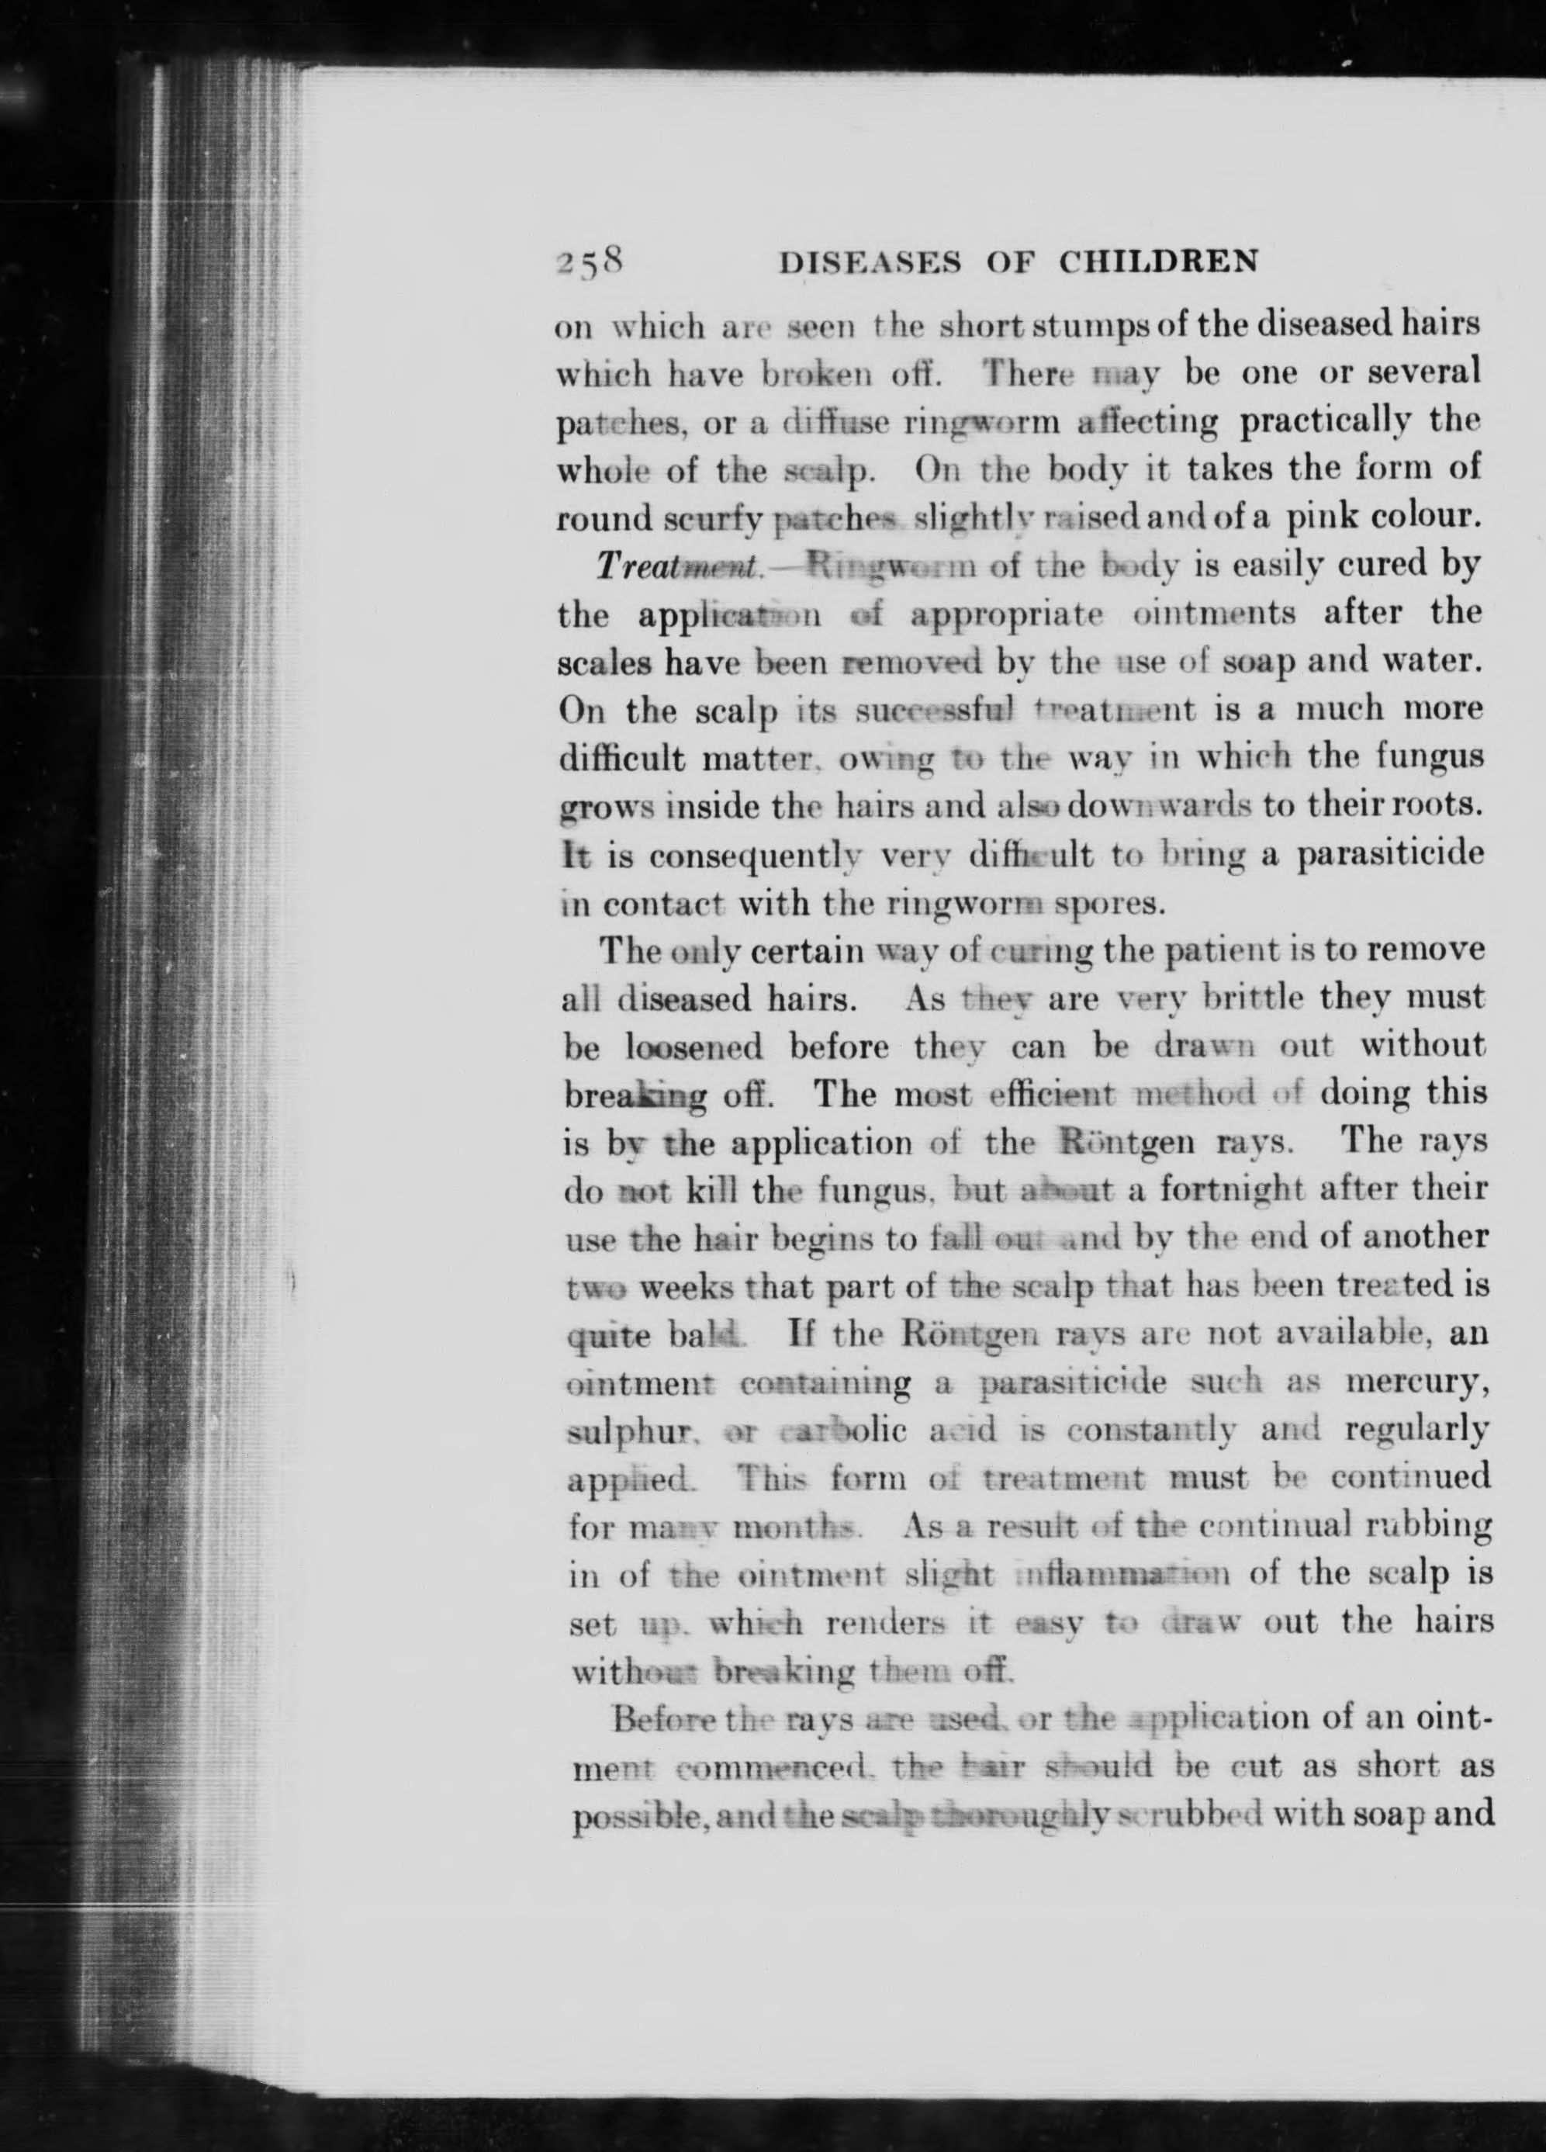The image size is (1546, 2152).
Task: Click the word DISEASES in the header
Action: click(x=867, y=263)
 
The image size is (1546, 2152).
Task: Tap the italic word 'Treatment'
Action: click(x=676, y=566)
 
